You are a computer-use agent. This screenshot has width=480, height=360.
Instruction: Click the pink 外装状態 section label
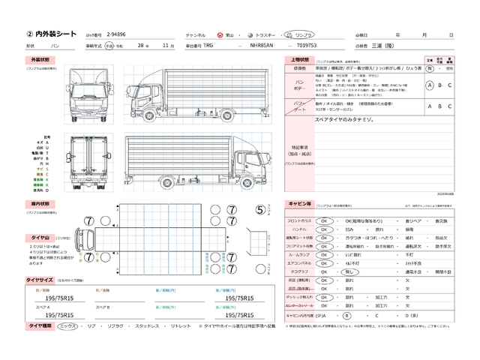(40, 59)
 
